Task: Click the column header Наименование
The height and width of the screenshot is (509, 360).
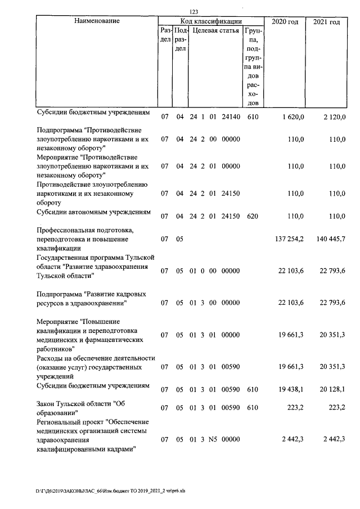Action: (97, 21)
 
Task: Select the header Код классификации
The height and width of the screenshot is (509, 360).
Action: (210, 21)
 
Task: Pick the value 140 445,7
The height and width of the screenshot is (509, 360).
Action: (330, 239)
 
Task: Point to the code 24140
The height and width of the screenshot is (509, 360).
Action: (231, 117)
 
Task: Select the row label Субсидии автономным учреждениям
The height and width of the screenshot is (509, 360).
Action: (93, 213)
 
